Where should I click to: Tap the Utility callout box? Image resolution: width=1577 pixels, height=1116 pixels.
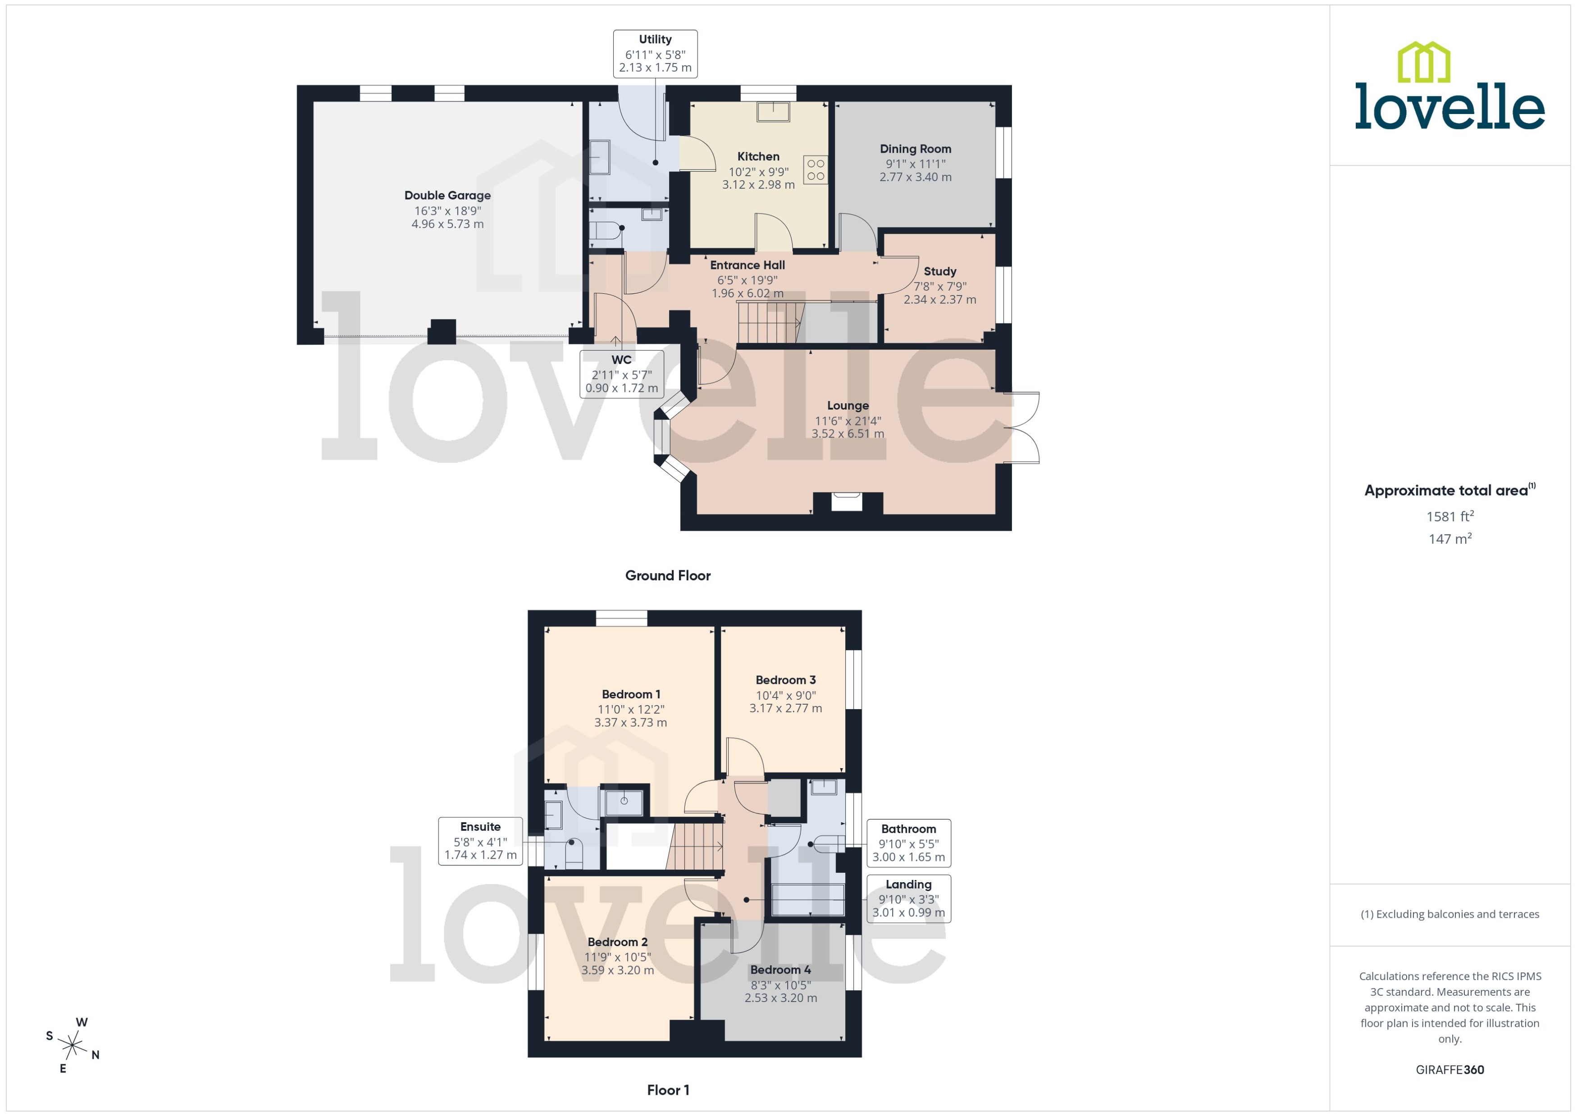(655, 54)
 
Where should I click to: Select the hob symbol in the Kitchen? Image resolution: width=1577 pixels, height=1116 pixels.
(816, 170)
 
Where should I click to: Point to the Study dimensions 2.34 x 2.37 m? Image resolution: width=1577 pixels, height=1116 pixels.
(939, 300)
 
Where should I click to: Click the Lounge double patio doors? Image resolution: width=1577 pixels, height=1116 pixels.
(1022, 428)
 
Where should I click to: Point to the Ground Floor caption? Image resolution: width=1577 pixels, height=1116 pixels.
(667, 576)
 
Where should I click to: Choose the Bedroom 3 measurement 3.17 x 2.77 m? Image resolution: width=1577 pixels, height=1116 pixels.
(785, 709)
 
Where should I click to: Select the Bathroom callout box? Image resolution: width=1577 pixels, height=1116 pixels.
(908, 843)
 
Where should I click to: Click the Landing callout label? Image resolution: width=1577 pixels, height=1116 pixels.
(908, 898)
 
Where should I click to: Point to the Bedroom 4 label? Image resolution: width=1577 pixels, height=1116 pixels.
(780, 970)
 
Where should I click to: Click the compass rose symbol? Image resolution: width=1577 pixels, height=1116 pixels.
(72, 1046)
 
